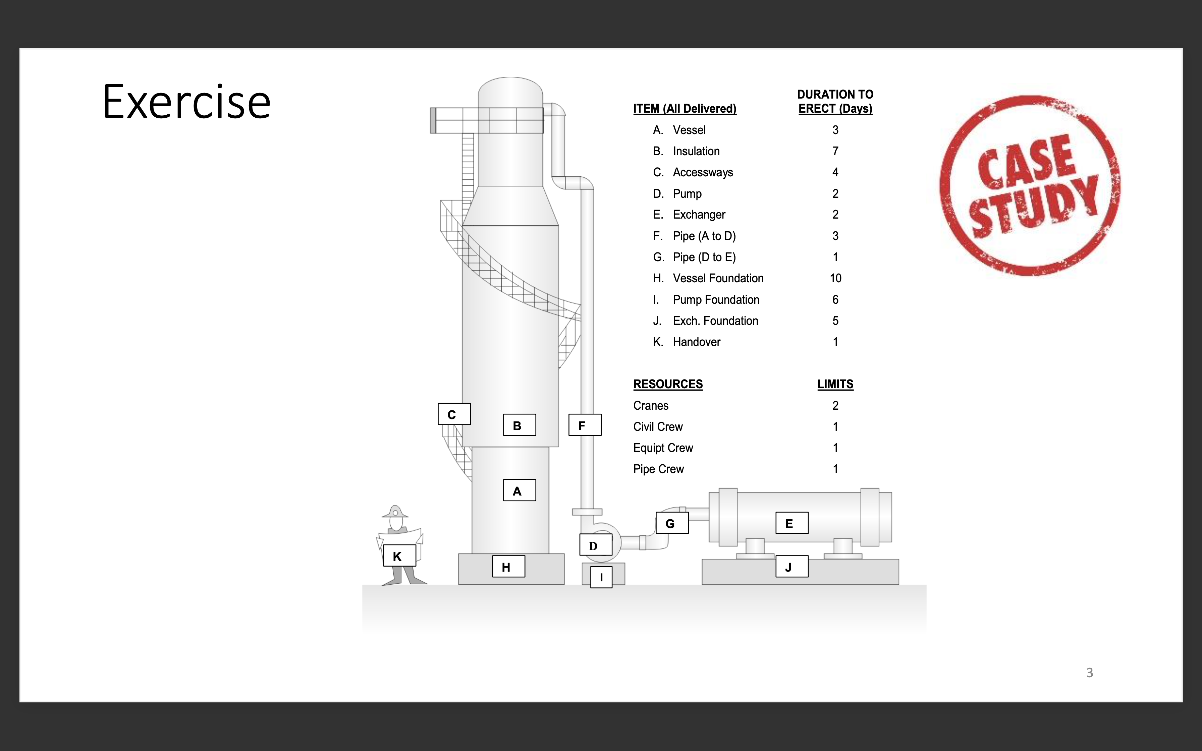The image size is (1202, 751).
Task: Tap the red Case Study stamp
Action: point(1029,185)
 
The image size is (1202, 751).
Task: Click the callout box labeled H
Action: point(508,566)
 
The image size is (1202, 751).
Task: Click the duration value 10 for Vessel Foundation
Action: point(835,278)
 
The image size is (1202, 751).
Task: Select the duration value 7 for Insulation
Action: point(835,151)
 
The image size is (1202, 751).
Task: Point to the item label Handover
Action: point(696,342)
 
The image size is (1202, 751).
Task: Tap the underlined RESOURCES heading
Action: point(667,384)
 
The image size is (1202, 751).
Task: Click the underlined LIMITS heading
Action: point(835,384)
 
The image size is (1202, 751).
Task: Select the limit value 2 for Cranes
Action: point(835,405)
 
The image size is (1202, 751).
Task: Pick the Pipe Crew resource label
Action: point(658,469)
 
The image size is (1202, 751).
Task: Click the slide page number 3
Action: point(1089,673)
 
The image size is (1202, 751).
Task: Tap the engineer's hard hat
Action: point(395,512)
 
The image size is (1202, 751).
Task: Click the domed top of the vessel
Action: point(510,90)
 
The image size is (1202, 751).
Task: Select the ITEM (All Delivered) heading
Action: point(685,108)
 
